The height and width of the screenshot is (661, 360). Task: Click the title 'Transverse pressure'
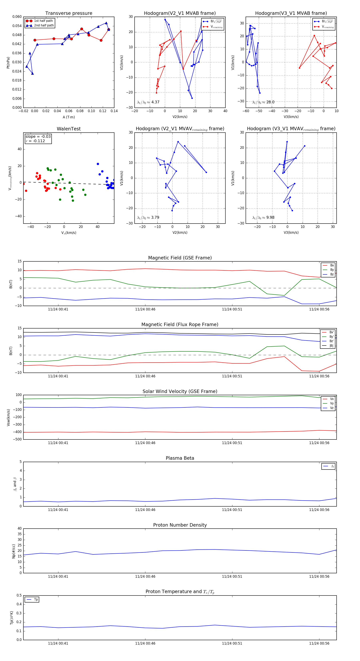coord(69,13)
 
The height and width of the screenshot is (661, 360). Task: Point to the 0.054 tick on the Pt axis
coord(17,26)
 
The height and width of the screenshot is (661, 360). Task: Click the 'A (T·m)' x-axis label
coord(69,117)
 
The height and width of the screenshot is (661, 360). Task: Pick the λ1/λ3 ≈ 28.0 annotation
coord(263,102)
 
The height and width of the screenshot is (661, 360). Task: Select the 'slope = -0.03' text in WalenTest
coord(38,137)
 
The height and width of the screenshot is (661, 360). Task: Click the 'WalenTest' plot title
coord(69,129)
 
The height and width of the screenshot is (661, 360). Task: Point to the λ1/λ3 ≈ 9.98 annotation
coord(263,218)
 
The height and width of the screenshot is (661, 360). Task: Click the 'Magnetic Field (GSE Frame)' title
coord(180,258)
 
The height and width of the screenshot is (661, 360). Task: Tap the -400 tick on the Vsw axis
coord(17,432)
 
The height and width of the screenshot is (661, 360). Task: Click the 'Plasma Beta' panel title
coord(180,458)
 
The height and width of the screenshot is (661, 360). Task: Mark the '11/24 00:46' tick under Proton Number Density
coord(145,576)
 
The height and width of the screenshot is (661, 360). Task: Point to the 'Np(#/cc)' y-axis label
coord(14,551)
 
